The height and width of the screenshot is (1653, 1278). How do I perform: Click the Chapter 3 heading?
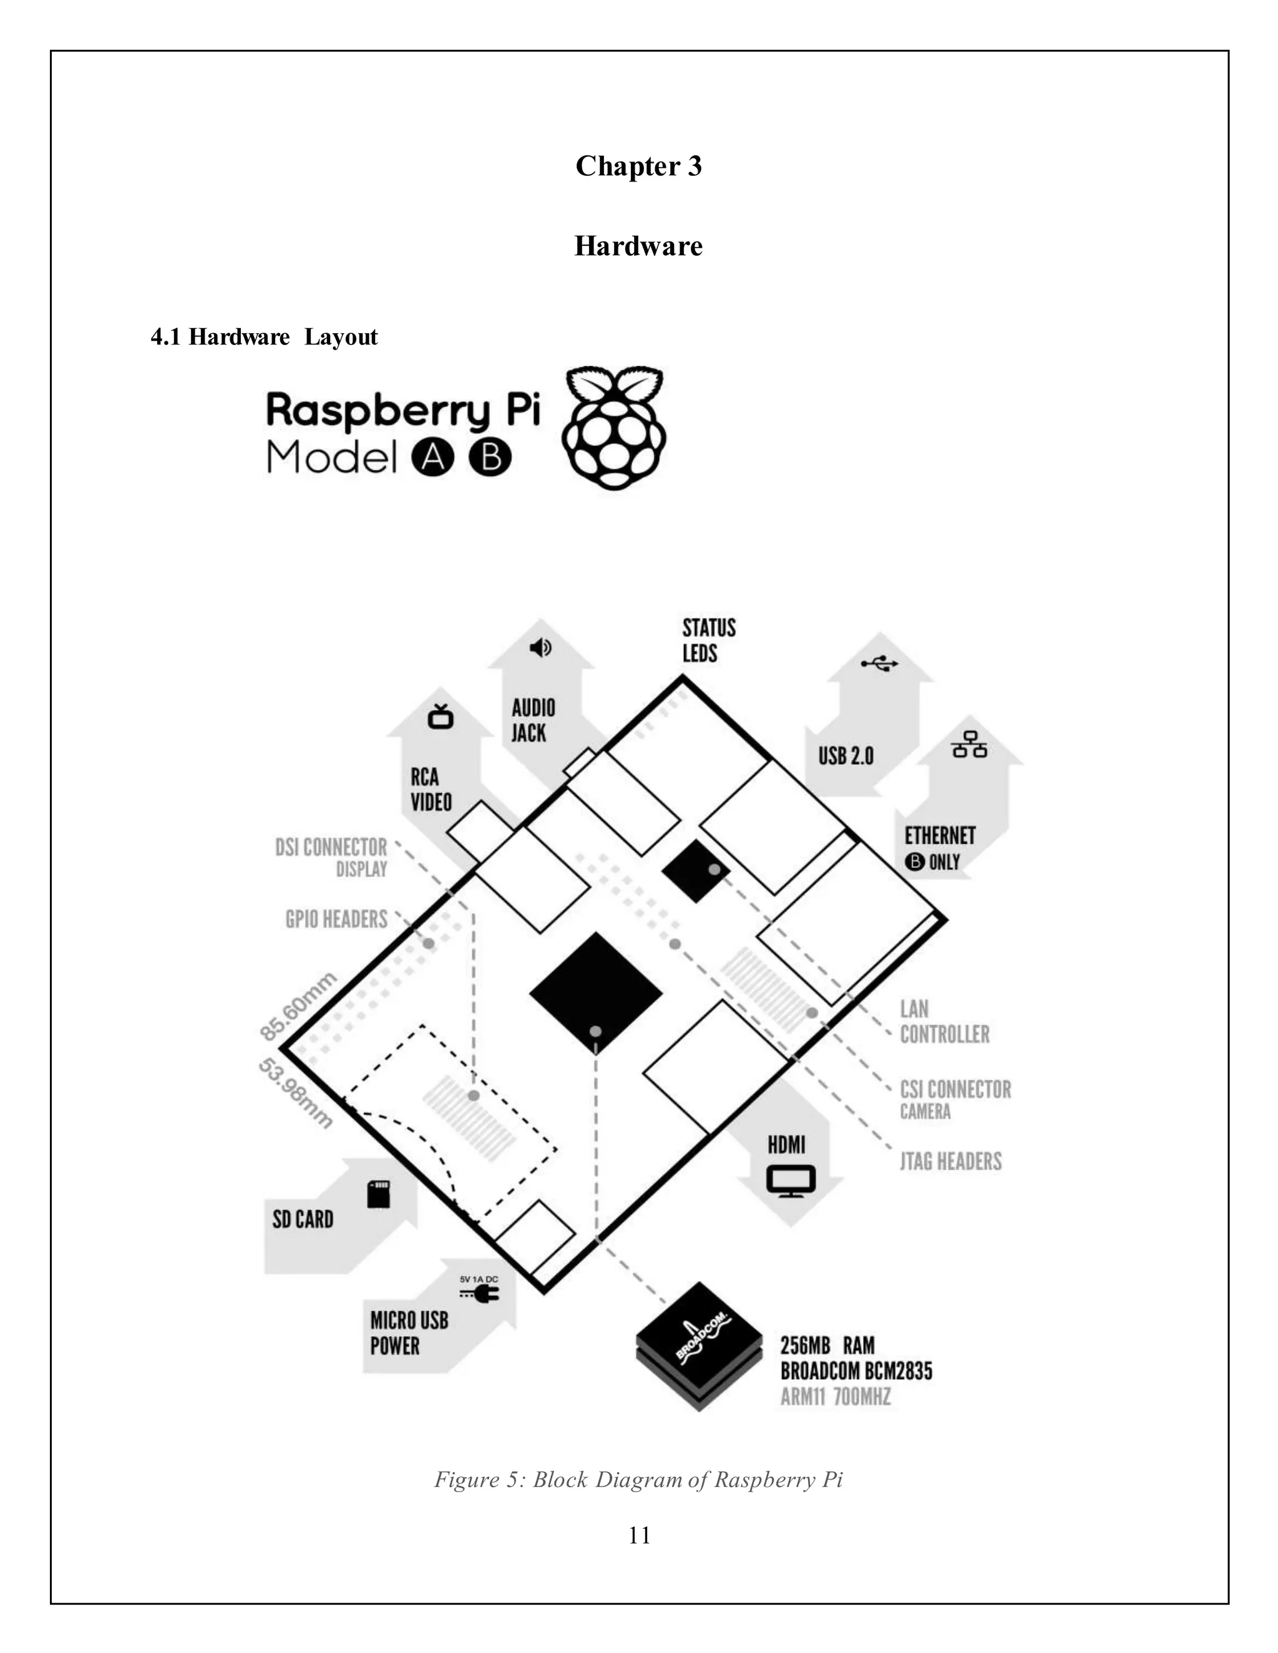coord(638,166)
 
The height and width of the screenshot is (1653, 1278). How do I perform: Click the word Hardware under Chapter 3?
coord(638,246)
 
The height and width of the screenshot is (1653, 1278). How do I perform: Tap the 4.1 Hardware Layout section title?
coord(263,337)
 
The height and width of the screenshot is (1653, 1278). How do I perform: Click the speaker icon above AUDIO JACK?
coord(540,648)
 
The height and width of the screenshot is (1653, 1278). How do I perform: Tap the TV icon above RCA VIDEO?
coord(440,716)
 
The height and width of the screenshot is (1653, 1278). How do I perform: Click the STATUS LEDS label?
coord(709,641)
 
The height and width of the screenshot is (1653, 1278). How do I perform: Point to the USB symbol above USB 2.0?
coord(879,664)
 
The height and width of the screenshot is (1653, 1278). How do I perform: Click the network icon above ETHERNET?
coord(969,745)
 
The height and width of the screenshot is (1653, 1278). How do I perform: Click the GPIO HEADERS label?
coord(336,919)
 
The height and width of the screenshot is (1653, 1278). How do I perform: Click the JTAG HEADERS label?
coord(950,1161)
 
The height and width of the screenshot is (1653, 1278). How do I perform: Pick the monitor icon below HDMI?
coord(791,1181)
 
